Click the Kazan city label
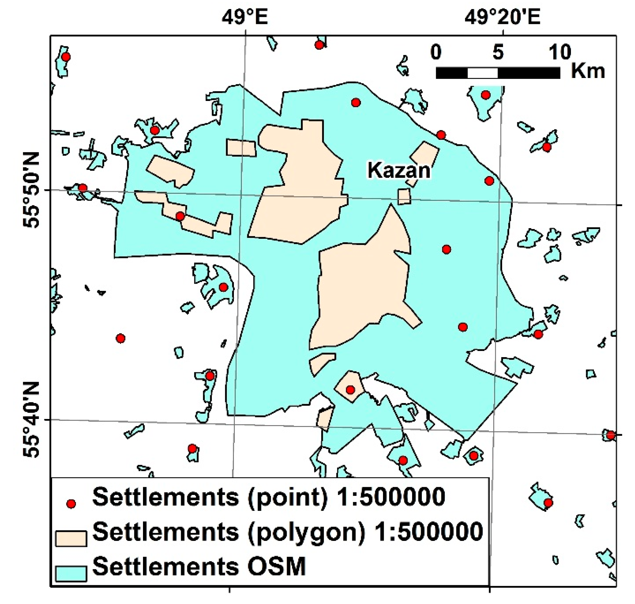pyautogui.click(x=399, y=170)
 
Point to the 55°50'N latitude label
pyautogui.click(x=31, y=190)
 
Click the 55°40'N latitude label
pyautogui.click(x=31, y=420)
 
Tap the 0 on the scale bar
pyautogui.click(x=436, y=52)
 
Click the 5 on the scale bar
pyautogui.click(x=498, y=52)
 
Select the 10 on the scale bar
pyautogui.click(x=560, y=52)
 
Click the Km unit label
pyautogui.click(x=588, y=71)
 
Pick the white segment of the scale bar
pyautogui.click(x=482, y=73)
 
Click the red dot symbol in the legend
pyautogui.click(x=71, y=504)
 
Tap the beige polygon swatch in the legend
pyautogui.click(x=71, y=539)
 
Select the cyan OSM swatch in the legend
pyautogui.click(x=71, y=574)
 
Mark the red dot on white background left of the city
pyautogui.click(x=120, y=339)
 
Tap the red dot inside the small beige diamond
pyautogui.click(x=350, y=390)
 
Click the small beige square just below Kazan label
pyautogui.click(x=404, y=197)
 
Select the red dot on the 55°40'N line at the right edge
pyautogui.click(x=610, y=435)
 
